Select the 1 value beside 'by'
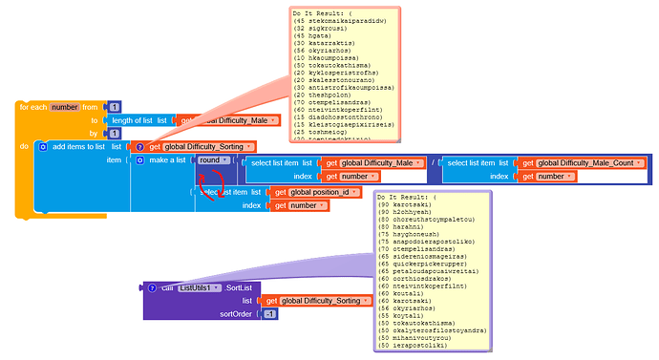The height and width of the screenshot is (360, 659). [115, 133]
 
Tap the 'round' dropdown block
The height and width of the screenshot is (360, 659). [211, 159]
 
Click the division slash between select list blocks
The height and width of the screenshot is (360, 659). [432, 163]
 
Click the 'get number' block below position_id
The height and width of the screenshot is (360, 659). [297, 205]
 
